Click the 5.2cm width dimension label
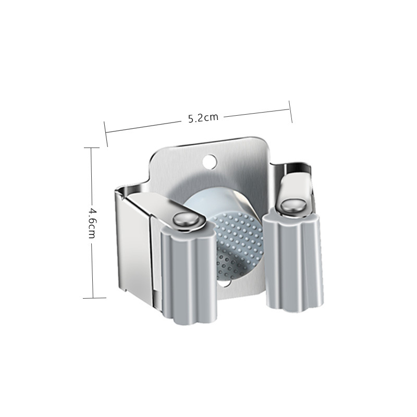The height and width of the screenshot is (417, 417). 203,118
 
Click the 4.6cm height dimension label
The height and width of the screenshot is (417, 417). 92,223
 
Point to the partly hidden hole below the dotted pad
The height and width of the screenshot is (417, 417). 228,285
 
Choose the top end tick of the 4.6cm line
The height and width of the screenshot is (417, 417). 92,148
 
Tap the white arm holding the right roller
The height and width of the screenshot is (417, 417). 295,185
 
